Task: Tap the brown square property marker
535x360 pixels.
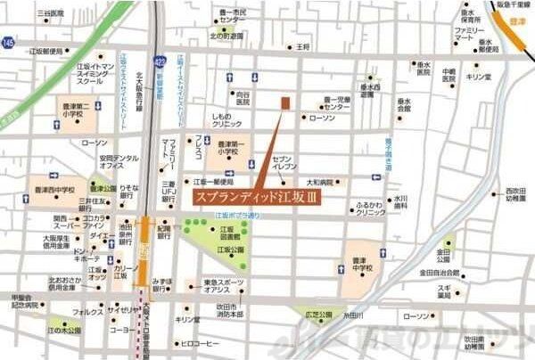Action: [x=285, y=103]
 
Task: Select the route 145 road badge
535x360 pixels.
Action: [x=8, y=44]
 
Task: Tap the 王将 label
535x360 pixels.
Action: [x=303, y=45]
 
